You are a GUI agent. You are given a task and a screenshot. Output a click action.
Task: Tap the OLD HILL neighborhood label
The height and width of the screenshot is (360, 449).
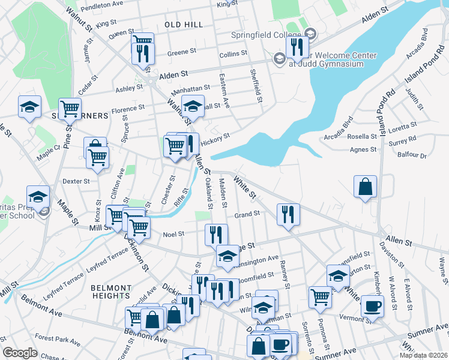coord(184,24)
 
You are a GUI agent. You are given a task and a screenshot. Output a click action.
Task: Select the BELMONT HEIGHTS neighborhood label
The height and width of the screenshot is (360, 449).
coord(111,292)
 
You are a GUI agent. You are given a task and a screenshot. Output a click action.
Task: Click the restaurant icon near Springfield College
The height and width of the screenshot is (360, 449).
coord(297,47)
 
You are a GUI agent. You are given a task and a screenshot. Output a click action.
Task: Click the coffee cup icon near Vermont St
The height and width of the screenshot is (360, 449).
coord(372,306)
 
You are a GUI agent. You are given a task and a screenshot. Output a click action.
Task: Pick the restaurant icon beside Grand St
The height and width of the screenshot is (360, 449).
coord(288,214)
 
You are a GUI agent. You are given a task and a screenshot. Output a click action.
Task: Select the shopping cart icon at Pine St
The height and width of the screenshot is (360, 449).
coord(70,109)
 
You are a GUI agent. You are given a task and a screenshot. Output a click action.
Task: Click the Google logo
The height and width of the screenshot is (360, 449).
coord(20,353)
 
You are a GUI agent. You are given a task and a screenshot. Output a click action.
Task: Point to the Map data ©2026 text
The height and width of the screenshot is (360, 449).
coord(423,355)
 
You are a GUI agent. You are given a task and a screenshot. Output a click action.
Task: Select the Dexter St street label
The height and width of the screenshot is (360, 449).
coord(76,181)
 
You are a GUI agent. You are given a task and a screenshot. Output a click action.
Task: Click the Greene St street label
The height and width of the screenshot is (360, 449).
coord(178,53)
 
